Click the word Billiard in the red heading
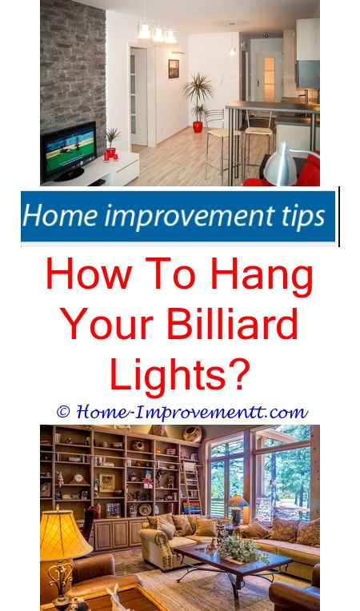(x=232, y=324)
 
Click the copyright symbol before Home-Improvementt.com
(x=63, y=412)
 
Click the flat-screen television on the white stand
(x=69, y=151)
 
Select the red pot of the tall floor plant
(x=198, y=126)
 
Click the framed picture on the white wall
(x=174, y=69)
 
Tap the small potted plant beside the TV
(x=113, y=143)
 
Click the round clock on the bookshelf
(x=78, y=478)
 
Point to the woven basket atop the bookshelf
(x=193, y=433)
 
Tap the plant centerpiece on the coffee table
(x=242, y=549)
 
